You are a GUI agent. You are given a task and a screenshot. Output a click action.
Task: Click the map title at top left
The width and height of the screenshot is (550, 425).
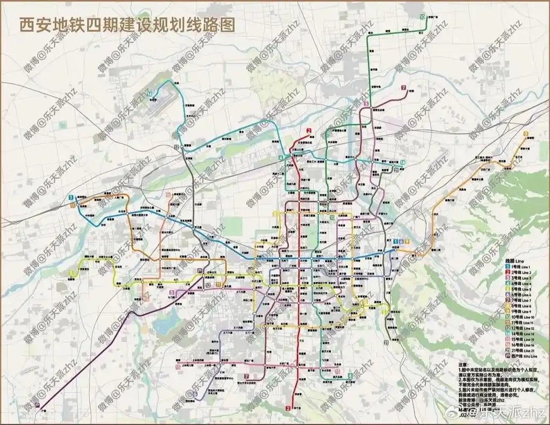click(127, 25)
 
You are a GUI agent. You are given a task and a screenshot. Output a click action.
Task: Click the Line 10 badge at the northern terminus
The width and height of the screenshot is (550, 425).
click(422, 17)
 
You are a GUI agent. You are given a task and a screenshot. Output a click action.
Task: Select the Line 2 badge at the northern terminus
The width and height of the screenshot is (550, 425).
click(308, 131)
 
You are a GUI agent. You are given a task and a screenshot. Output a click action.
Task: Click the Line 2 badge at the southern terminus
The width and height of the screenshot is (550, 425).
click(288, 408)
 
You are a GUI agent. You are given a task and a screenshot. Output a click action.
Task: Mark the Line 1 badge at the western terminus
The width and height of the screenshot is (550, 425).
click(71, 198)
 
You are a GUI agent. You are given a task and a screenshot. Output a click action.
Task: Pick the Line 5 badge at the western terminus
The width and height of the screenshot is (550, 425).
click(71, 273)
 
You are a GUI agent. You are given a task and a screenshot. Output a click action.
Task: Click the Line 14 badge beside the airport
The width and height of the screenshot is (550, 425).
click(150, 95)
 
